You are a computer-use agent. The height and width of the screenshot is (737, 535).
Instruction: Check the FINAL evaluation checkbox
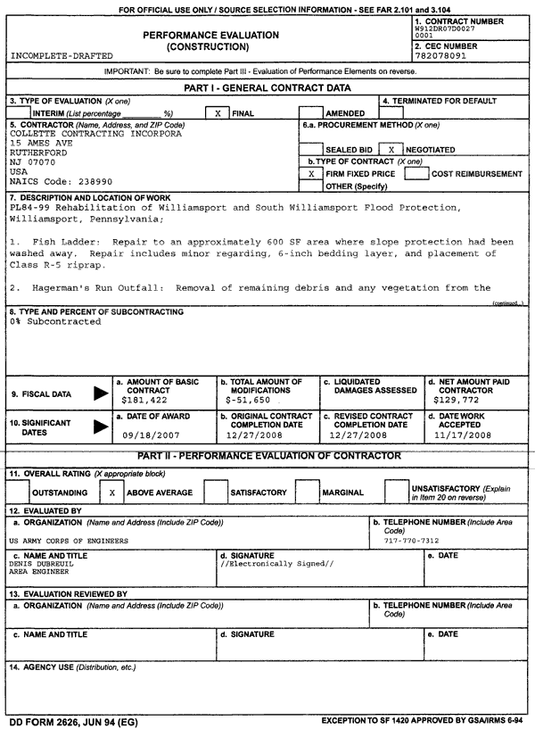(x=218, y=114)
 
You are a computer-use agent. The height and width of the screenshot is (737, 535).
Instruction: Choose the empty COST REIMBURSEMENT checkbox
(x=417, y=174)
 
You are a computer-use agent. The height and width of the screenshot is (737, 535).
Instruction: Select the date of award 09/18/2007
(x=142, y=437)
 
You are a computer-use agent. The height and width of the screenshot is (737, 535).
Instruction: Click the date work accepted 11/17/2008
(x=465, y=437)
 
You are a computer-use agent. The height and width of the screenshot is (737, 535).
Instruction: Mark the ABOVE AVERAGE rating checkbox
(x=111, y=492)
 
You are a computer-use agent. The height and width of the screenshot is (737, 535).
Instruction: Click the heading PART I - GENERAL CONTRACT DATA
(x=267, y=87)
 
